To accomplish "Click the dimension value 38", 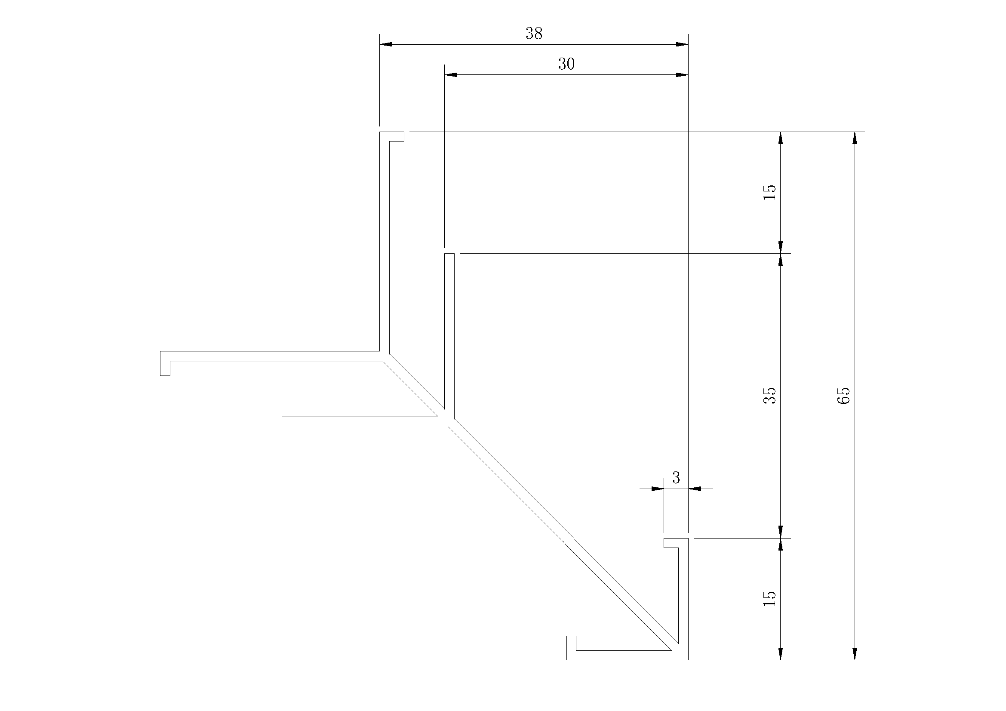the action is point(534,33).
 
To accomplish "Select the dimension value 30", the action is point(566,64).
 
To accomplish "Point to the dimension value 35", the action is point(770,396).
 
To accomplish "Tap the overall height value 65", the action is point(844,396).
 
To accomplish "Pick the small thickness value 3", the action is point(676,477).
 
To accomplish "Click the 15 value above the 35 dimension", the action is point(770,192).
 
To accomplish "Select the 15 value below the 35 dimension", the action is point(770,598).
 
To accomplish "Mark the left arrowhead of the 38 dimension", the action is point(386,44).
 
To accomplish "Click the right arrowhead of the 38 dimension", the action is point(682,44).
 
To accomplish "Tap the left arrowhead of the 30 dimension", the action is point(451,74).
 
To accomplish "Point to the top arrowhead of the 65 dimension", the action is point(855,138).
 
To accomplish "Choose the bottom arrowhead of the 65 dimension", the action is point(855,653).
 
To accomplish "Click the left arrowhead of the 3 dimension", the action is point(658,489).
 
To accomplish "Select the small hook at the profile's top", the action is point(397,136).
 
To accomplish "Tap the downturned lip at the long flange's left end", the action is point(165,363).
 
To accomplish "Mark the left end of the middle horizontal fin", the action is point(282,421).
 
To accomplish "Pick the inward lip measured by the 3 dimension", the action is point(671,543).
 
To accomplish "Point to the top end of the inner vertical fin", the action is point(449,254).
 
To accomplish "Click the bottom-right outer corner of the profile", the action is point(688,659).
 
